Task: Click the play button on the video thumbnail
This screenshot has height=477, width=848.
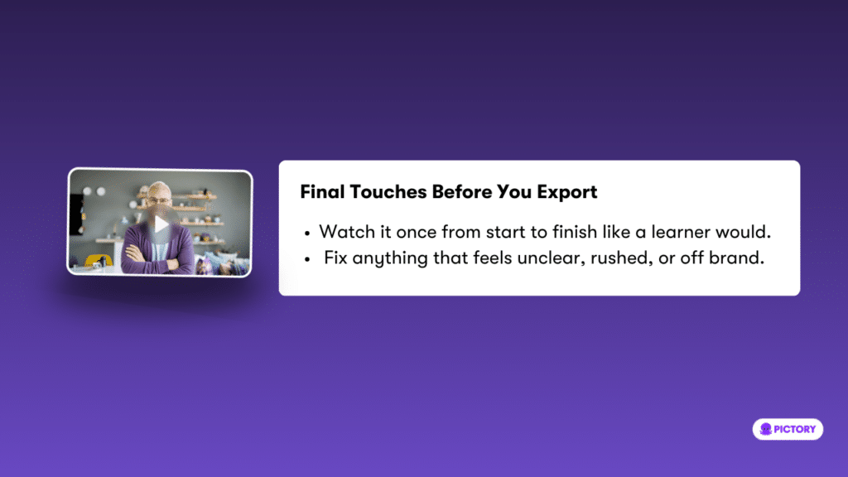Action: pos(161,224)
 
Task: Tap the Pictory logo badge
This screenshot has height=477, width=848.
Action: pos(788,429)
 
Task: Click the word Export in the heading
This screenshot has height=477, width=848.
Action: pos(566,192)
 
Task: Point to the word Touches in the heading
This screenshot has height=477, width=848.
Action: pos(388,191)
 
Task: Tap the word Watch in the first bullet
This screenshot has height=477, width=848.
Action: pos(347,232)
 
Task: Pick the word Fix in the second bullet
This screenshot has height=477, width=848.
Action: pos(335,258)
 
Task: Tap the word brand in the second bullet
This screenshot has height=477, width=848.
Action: pos(736,258)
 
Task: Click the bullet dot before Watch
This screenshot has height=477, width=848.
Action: pos(307,234)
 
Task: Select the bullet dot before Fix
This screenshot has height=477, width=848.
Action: pos(307,259)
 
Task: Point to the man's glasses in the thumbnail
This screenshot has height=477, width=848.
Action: pos(158,200)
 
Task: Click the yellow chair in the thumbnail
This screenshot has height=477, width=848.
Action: pos(99,261)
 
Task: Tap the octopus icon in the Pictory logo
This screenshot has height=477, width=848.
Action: pos(765,430)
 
